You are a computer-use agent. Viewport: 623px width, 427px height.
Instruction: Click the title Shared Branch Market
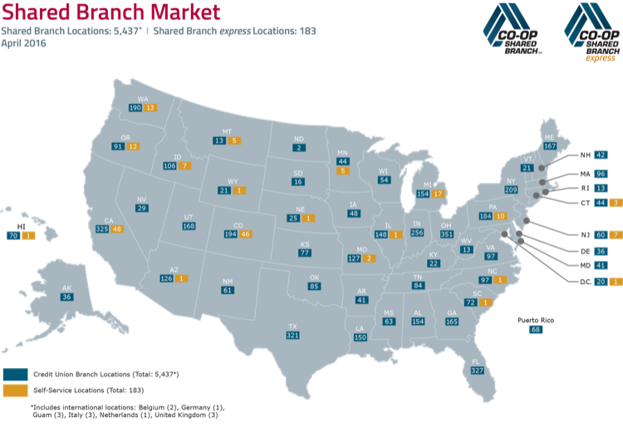click(110, 12)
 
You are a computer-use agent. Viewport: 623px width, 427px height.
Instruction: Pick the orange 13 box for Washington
click(150, 107)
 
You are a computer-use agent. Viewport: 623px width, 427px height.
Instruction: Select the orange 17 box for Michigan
click(438, 194)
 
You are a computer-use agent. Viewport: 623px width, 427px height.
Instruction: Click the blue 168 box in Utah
click(189, 226)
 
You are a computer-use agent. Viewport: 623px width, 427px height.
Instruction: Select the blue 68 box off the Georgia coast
click(536, 329)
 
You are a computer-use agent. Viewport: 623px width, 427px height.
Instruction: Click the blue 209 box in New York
click(512, 189)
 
